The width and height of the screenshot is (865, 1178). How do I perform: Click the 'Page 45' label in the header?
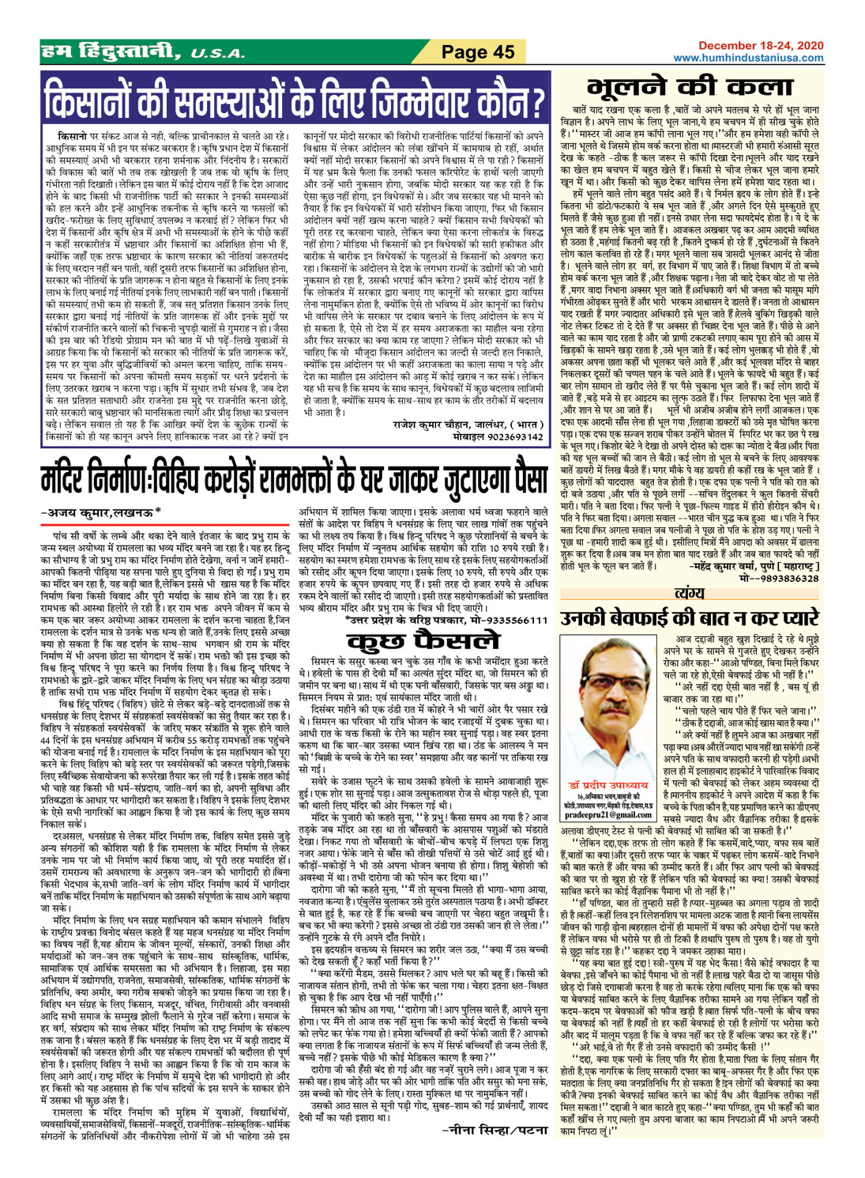click(x=477, y=52)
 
